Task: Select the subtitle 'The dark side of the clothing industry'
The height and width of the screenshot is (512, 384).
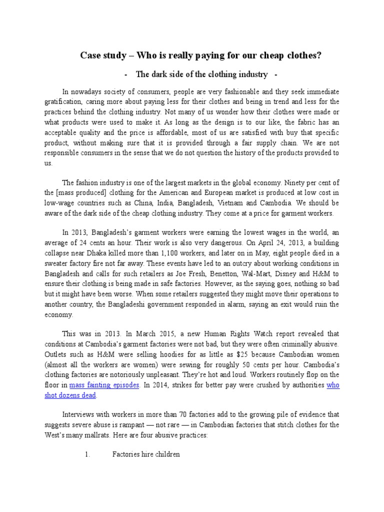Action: [x=201, y=74]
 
